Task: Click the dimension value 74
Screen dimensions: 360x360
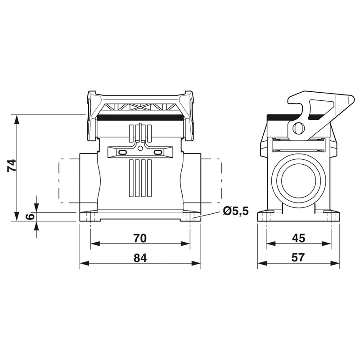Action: coord(12,165)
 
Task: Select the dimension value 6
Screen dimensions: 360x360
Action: coord(30,216)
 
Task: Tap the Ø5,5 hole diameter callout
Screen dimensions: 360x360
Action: coord(236,211)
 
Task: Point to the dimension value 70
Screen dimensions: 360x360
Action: coord(140,238)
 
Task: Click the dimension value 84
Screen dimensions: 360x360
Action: coord(140,258)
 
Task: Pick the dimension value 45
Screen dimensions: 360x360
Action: coord(298,238)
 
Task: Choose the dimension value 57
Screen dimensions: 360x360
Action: coord(298,257)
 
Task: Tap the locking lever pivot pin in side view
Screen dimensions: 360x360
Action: coord(298,128)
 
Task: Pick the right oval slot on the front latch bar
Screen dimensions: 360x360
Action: coord(158,153)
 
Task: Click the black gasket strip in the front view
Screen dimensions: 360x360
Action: coord(140,118)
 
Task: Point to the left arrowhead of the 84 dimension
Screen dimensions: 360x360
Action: coord(84,263)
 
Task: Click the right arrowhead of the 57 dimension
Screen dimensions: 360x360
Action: coord(335,263)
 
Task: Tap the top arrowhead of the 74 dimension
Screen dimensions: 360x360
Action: coord(16,119)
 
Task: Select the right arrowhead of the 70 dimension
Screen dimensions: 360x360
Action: coord(185,243)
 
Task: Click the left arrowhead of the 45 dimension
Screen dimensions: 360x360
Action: coord(271,243)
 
